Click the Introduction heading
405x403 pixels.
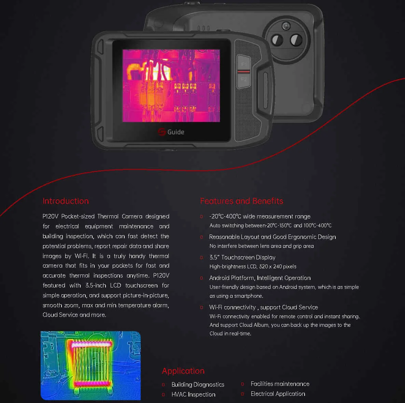(x=66, y=201)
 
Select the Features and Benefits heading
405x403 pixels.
(x=241, y=201)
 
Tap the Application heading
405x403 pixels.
(x=183, y=371)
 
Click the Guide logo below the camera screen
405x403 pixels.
(x=171, y=132)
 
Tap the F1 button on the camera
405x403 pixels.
(x=244, y=64)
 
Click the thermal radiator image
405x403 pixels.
(x=90, y=365)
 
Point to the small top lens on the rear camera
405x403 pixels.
(x=286, y=26)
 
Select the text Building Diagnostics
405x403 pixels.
(x=198, y=385)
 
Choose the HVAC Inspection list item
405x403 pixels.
(x=194, y=394)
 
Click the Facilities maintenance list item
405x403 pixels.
(x=280, y=384)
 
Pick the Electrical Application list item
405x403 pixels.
(x=278, y=394)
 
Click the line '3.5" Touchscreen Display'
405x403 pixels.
(x=242, y=257)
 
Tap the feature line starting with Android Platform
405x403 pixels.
(x=260, y=278)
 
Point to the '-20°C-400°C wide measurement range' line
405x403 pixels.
(x=260, y=216)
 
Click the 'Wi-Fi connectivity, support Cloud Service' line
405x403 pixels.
(x=264, y=307)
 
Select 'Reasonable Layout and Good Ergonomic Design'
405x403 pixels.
(x=273, y=237)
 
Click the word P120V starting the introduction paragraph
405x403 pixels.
(x=50, y=216)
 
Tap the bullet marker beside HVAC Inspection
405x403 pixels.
(x=163, y=394)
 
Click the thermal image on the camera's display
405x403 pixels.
(x=171, y=85)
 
